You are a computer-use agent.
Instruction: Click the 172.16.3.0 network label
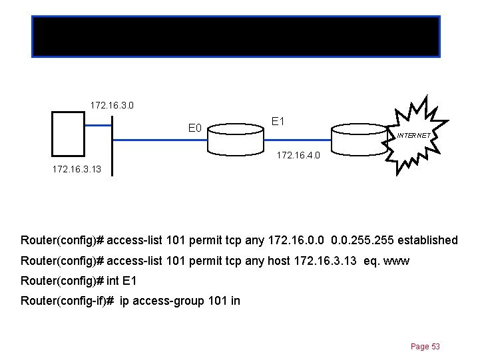114,105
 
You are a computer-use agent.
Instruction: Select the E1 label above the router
278,122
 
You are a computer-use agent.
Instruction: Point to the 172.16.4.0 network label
298,156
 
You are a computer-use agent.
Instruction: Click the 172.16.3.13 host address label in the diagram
77,169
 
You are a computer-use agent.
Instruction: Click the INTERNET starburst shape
417,136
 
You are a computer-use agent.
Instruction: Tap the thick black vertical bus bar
113,146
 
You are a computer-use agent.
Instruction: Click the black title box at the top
236,36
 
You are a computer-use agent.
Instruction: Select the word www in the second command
397,262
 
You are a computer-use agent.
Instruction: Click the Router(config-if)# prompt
67,301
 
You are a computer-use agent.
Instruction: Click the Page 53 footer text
425,347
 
